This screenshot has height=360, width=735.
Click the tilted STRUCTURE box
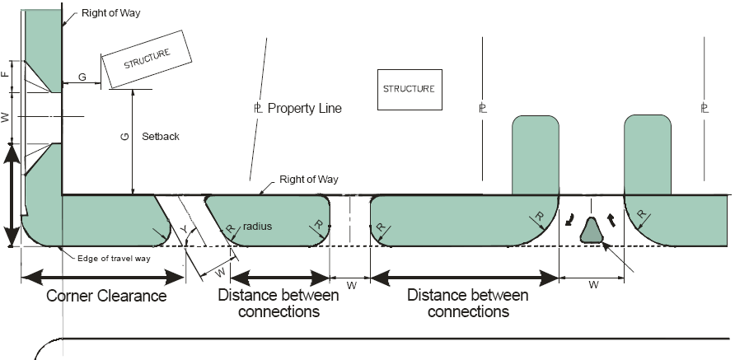(x=146, y=60)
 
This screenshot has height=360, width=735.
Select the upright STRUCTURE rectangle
(x=406, y=88)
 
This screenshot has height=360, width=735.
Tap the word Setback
(x=160, y=136)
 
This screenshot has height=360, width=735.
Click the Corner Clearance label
(x=106, y=296)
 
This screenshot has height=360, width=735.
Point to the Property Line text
(x=304, y=108)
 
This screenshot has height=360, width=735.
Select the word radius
(x=257, y=226)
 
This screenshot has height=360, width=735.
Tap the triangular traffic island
(x=591, y=230)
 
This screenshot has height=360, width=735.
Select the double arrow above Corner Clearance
(x=103, y=275)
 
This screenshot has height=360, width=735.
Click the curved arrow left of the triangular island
(x=570, y=220)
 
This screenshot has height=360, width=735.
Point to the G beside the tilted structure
(x=82, y=77)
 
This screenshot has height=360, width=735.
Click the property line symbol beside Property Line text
(x=258, y=108)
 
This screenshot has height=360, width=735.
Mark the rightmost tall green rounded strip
(x=647, y=154)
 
